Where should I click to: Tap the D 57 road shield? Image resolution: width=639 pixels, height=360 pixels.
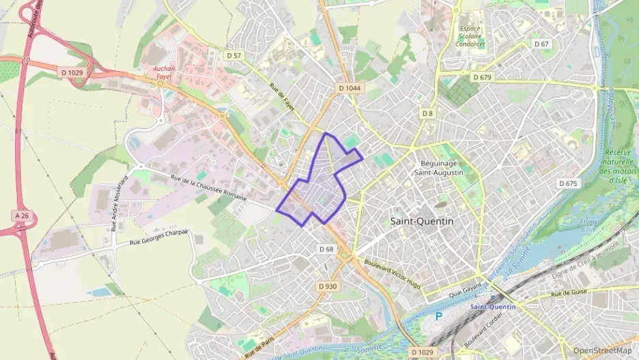pyautogui.click(x=233, y=55)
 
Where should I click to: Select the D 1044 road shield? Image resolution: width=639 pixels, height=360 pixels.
pyautogui.click(x=350, y=89)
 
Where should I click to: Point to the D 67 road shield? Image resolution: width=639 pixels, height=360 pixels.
pyautogui.click(x=541, y=44)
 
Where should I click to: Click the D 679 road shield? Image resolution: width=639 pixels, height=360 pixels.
pyautogui.click(x=481, y=77)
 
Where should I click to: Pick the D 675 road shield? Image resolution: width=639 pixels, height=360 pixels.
pyautogui.click(x=568, y=183)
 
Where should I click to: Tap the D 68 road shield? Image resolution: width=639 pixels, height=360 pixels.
pyautogui.click(x=326, y=249)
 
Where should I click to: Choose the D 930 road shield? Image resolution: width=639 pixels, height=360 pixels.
pyautogui.click(x=327, y=286)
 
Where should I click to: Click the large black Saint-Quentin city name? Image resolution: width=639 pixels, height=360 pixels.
pyautogui.click(x=421, y=221)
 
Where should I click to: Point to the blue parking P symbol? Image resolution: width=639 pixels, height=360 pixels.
pyautogui.click(x=438, y=316)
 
